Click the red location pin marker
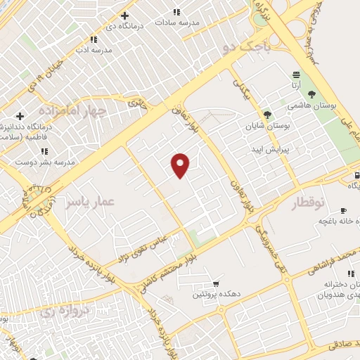pyautogui.click(x=181, y=165)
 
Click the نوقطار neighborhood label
pyautogui.click(x=309, y=203)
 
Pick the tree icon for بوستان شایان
pyautogui.click(x=266, y=114)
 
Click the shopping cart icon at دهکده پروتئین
pyautogui.click(x=214, y=284)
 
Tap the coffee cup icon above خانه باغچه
pyautogui.click(x=343, y=210)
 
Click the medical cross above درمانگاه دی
pyautogui.click(x=124, y=15)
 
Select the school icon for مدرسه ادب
pyautogui.click(x=94, y=39)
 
